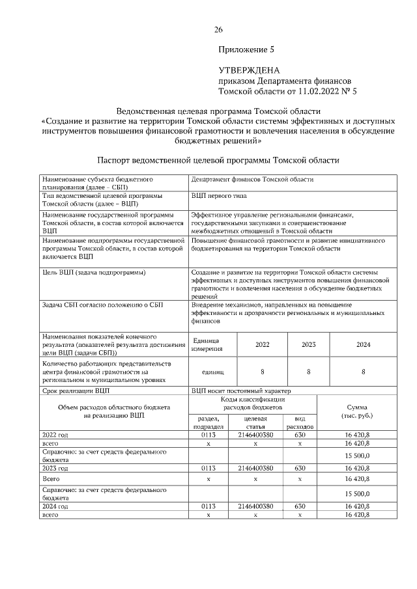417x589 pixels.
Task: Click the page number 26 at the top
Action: click(x=219, y=29)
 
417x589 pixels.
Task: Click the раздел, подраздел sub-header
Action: click(x=208, y=422)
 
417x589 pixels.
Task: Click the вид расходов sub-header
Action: click(x=300, y=422)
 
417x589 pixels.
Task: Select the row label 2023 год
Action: click(x=55, y=467)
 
